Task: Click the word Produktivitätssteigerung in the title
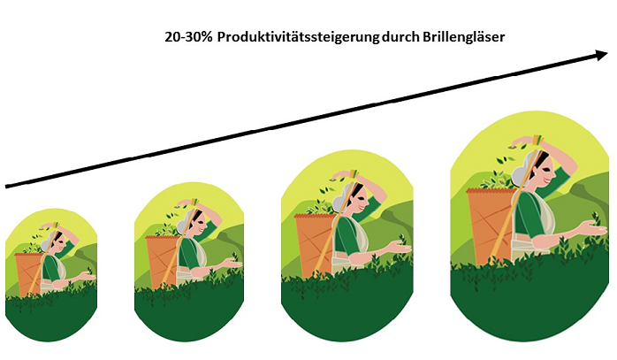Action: (x=298, y=37)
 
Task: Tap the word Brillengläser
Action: (x=463, y=36)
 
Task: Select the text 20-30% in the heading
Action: (x=189, y=37)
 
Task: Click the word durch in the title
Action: (x=401, y=36)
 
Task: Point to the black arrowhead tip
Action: (x=608, y=55)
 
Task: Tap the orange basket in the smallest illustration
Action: (x=28, y=273)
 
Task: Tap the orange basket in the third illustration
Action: (x=314, y=244)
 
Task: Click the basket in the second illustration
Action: (x=162, y=261)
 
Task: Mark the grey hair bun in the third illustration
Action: (x=340, y=203)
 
